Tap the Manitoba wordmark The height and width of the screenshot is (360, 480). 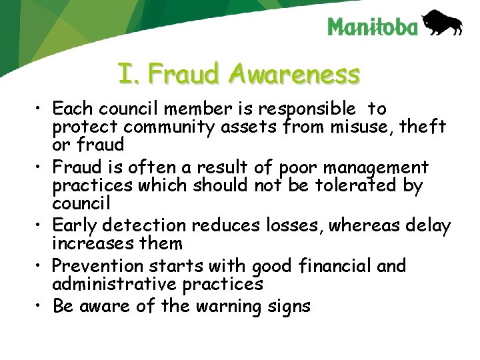point(373,27)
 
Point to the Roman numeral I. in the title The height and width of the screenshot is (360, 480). point(130,74)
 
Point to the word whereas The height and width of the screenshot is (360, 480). point(364,226)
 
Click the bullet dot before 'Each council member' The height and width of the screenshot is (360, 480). point(41,109)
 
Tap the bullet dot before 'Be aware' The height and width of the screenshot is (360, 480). point(41,307)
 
